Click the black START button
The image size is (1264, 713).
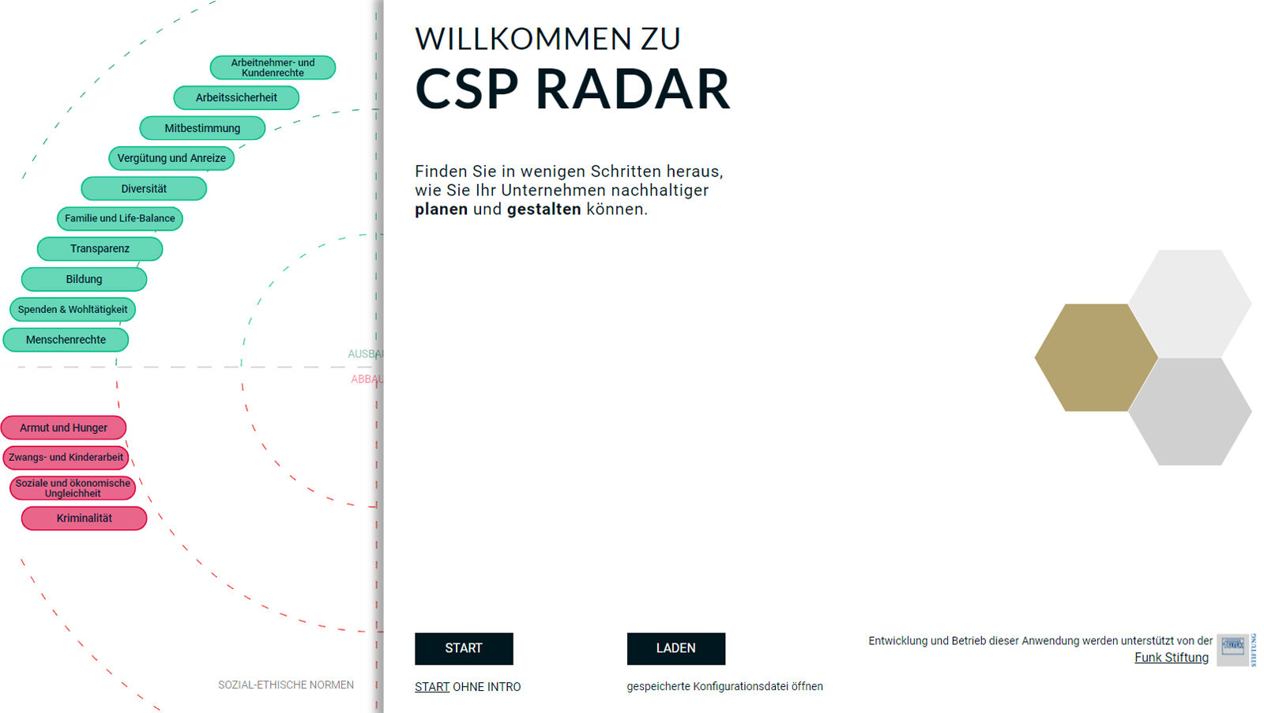click(464, 648)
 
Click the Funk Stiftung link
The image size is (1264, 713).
click(1171, 658)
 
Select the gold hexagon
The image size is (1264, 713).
click(1095, 357)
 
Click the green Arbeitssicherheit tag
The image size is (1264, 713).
click(236, 98)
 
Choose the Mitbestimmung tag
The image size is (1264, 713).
click(202, 128)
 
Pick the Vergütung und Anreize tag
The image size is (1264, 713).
click(171, 158)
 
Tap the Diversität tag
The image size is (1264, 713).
click(144, 189)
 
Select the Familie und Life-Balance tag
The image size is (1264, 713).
click(120, 219)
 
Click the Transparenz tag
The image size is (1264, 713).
click(100, 249)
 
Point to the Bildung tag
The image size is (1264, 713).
click(84, 279)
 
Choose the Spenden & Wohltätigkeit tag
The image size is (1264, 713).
click(73, 310)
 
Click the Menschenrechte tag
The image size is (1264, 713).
click(66, 340)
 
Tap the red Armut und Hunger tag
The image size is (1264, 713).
click(63, 428)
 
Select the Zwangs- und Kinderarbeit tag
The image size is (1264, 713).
click(66, 458)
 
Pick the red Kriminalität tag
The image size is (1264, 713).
click(84, 519)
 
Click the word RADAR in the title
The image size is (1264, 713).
click(632, 89)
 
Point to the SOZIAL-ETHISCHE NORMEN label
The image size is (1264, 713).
click(286, 685)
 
